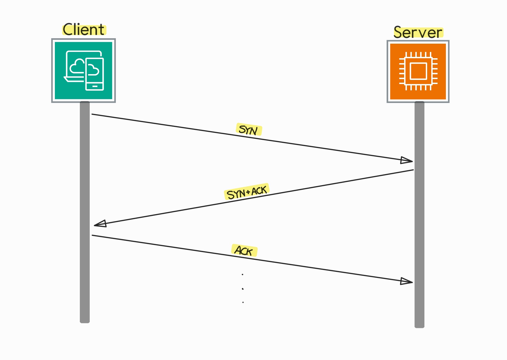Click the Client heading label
(x=84, y=30)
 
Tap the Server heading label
(x=418, y=32)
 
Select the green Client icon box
(x=83, y=71)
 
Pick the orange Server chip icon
(x=418, y=71)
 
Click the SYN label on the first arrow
(x=249, y=130)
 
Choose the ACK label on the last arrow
(x=244, y=250)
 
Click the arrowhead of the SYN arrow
(x=407, y=160)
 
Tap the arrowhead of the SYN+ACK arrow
(x=100, y=224)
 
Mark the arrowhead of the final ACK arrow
(x=407, y=281)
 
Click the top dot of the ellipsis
(x=243, y=274)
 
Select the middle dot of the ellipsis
(x=243, y=289)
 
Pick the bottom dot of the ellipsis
(x=243, y=302)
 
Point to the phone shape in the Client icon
(x=95, y=74)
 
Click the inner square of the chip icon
(x=418, y=71)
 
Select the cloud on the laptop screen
(x=77, y=66)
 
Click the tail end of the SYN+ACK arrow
(x=413, y=170)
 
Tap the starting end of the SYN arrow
(x=92, y=114)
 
